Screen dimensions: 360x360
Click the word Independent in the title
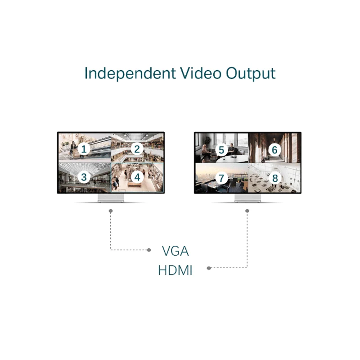click(x=130, y=73)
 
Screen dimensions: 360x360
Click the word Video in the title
click(x=200, y=73)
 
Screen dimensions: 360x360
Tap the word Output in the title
click(x=251, y=73)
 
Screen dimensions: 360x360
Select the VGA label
click(x=175, y=251)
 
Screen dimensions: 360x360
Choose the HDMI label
click(x=175, y=270)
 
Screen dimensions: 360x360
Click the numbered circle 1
click(x=84, y=149)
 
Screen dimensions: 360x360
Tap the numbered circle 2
click(x=137, y=149)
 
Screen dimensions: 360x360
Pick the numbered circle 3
click(x=84, y=177)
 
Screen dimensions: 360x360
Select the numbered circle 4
click(x=137, y=177)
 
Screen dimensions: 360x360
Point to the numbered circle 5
click(x=221, y=150)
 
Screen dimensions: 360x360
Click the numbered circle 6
click(x=274, y=150)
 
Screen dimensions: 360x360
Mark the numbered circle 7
click(x=221, y=178)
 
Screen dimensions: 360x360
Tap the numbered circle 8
click(x=274, y=178)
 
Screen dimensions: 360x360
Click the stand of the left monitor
click(x=111, y=198)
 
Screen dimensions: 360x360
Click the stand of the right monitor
click(x=248, y=198)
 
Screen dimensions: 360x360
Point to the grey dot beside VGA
click(x=149, y=250)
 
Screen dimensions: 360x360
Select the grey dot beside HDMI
click(x=209, y=268)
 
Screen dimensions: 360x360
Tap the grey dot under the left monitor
click(x=111, y=211)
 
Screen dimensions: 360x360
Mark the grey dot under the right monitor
click(x=247, y=211)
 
